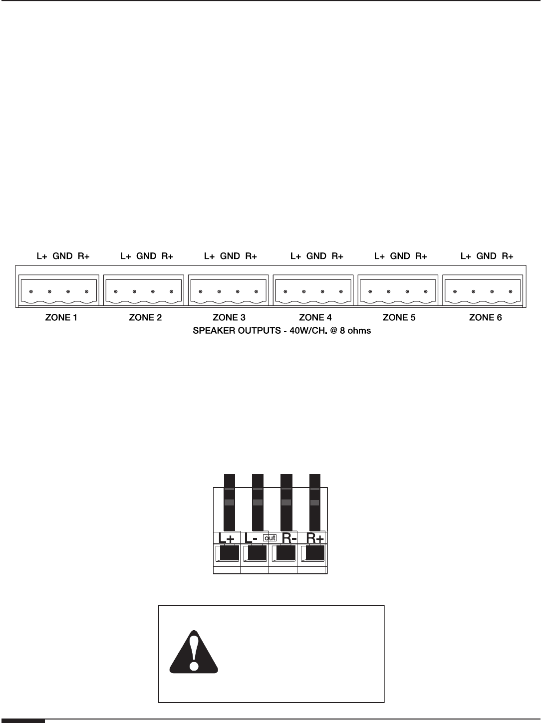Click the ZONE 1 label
pyautogui.click(x=61, y=317)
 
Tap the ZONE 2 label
pyautogui.click(x=145, y=317)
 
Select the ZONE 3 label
pyautogui.click(x=229, y=317)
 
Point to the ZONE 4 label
pyautogui.click(x=315, y=317)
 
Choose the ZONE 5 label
pyautogui.click(x=399, y=317)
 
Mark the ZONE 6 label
pyautogui.click(x=486, y=317)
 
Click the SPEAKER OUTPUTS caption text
pyautogui.click(x=281, y=330)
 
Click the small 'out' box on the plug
pyautogui.click(x=270, y=538)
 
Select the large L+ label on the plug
pyautogui.click(x=227, y=538)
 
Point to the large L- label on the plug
pyautogui.click(x=251, y=538)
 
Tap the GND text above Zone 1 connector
pyautogui.click(x=63, y=256)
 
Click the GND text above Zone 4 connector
pyautogui.click(x=316, y=256)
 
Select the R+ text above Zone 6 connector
pyautogui.click(x=508, y=256)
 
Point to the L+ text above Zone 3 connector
pyautogui.click(x=210, y=256)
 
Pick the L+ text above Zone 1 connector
pyautogui.click(x=42, y=256)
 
